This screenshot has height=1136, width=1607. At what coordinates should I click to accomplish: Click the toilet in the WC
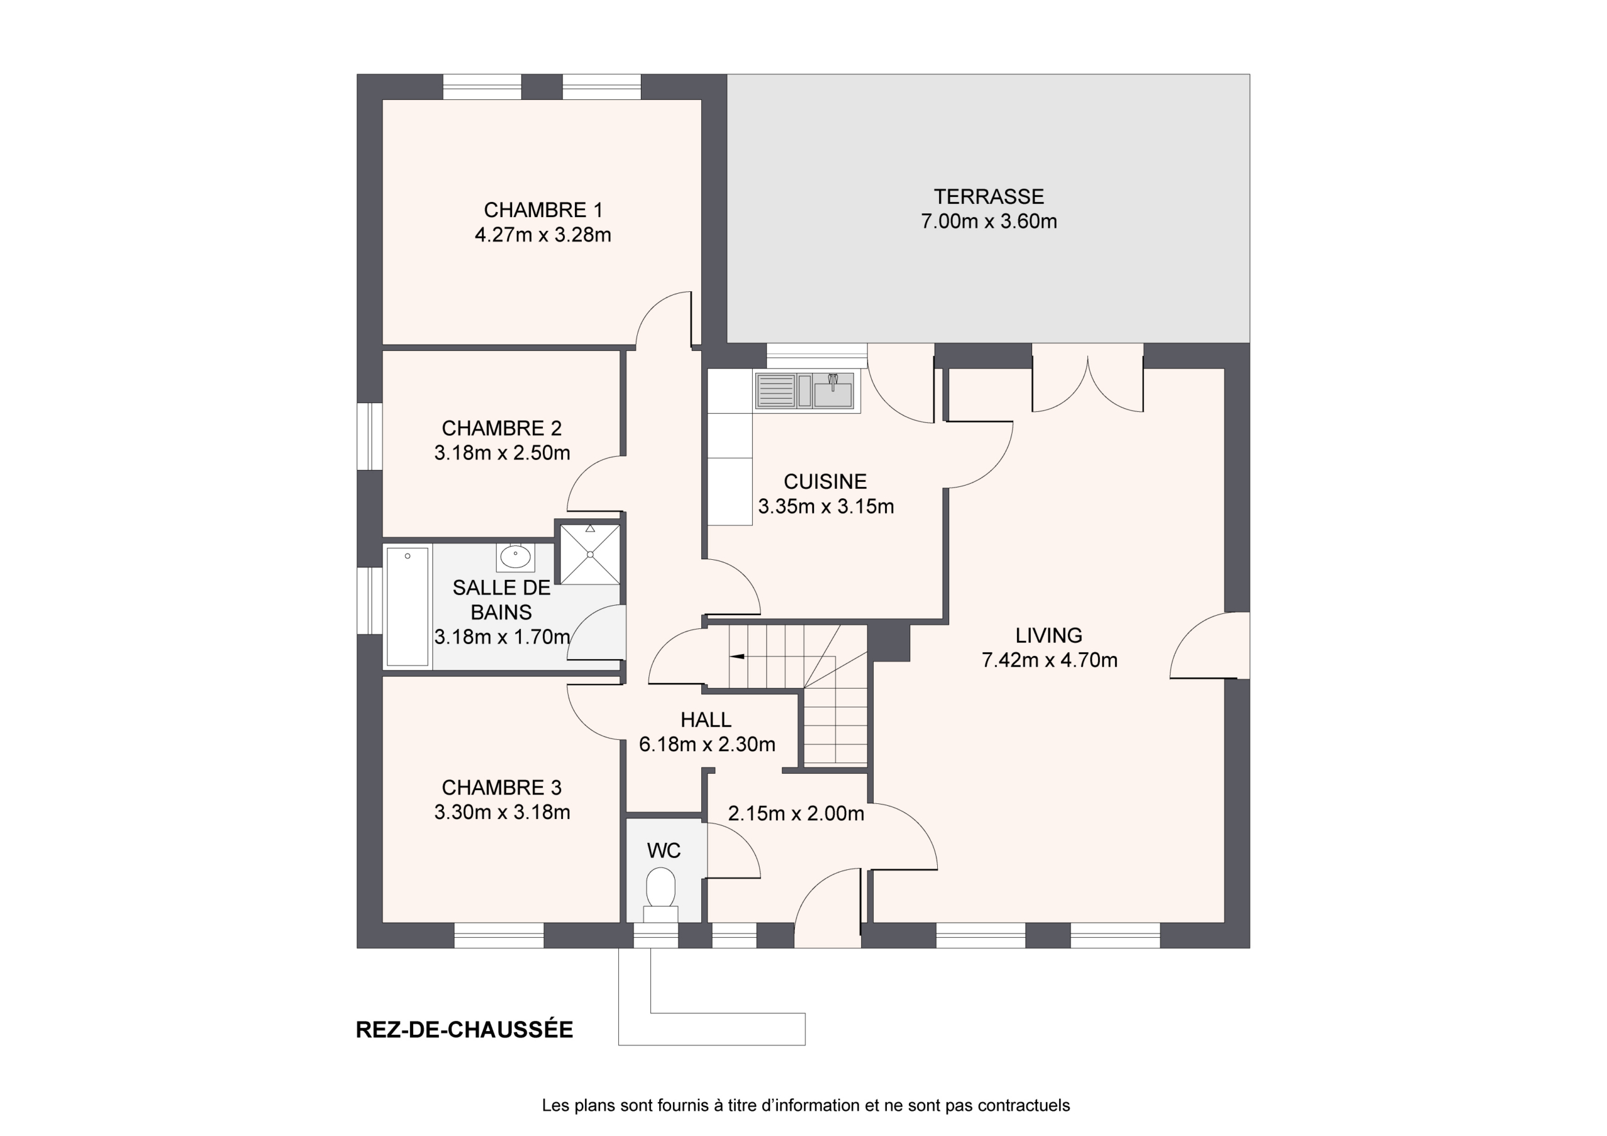[x=660, y=894]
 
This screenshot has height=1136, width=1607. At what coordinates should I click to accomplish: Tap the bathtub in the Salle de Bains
[x=407, y=606]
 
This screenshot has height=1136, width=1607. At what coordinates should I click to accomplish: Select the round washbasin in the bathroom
[x=516, y=557]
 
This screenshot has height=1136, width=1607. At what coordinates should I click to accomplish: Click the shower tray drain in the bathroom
[x=590, y=554]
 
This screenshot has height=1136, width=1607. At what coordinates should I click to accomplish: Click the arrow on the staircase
[x=737, y=656]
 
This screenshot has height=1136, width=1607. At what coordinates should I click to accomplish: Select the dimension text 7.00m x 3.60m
[x=989, y=221]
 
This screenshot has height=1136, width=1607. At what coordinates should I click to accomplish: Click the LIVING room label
[x=1048, y=636]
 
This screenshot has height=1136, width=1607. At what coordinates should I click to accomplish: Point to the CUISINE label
[x=825, y=481]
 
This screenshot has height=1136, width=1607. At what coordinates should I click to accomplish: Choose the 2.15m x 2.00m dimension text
[x=796, y=813]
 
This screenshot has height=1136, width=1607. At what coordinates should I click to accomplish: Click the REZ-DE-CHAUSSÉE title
[x=464, y=1029]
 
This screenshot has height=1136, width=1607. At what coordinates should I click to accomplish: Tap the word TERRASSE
[x=989, y=196]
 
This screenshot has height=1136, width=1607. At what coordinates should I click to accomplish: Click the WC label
[x=664, y=850]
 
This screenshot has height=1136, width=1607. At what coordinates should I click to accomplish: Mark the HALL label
[x=706, y=719]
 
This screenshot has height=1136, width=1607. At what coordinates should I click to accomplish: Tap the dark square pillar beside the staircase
[x=889, y=643]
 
